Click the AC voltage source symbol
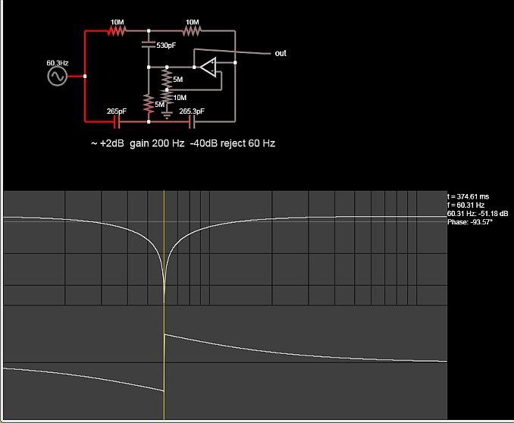click(57, 77)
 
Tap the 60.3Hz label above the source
click(57, 63)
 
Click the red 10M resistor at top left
click(116, 31)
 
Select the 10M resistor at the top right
click(192, 31)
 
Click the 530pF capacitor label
click(166, 45)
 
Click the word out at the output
click(281, 53)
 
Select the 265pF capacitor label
click(116, 111)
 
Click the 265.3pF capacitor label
click(191, 111)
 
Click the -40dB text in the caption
click(203, 143)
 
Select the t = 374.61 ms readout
click(469, 196)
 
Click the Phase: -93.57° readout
click(470, 222)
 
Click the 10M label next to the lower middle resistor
click(180, 97)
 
